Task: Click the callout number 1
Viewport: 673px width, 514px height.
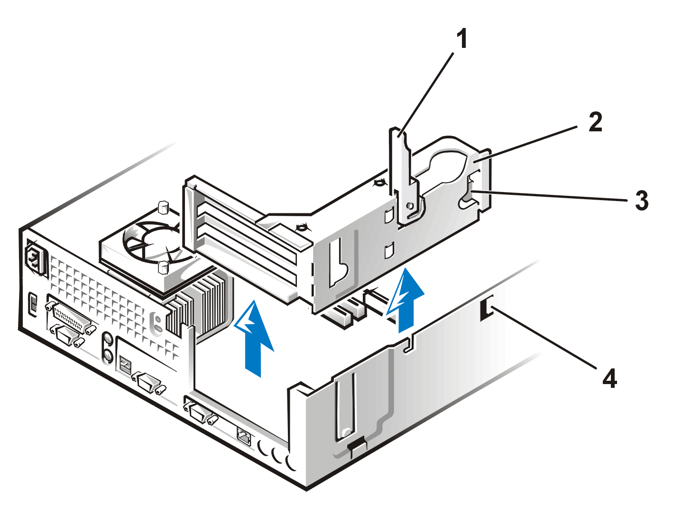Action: click(x=462, y=39)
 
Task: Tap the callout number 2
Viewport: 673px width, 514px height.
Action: click(x=595, y=122)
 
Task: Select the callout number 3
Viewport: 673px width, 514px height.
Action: click(x=642, y=201)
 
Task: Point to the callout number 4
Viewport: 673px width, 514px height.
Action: click(x=609, y=378)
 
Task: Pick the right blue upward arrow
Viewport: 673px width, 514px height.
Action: click(x=406, y=300)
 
